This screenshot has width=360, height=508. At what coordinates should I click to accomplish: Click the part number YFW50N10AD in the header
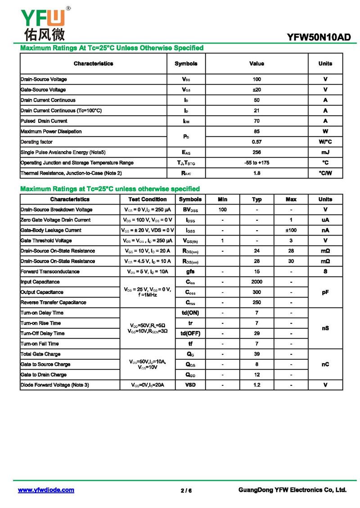tap(319, 37)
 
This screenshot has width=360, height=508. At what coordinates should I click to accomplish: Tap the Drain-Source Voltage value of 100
tap(256, 79)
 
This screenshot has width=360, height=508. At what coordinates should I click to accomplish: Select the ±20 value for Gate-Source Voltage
tap(256, 89)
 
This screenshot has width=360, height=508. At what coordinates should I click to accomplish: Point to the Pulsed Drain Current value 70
tap(256, 121)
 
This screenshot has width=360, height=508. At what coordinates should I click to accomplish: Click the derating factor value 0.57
tap(256, 142)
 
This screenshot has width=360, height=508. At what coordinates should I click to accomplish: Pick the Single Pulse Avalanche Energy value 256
tap(256, 152)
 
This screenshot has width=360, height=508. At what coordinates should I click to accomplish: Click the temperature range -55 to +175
tap(256, 163)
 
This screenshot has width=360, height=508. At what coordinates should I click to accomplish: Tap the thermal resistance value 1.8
tap(256, 173)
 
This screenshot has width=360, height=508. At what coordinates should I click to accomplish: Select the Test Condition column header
tap(148, 199)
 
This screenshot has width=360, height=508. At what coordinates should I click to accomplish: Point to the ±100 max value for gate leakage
tap(291, 230)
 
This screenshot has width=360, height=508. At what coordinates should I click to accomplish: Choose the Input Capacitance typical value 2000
tap(256, 282)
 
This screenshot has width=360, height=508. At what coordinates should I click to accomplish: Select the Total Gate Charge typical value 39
tap(256, 354)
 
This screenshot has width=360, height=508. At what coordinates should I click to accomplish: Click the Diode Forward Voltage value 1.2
tap(256, 385)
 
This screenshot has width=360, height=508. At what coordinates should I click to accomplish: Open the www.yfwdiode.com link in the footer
tap(46, 490)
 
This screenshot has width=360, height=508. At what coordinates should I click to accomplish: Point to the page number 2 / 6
tap(186, 490)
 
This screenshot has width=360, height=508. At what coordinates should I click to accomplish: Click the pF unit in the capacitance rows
tap(325, 292)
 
